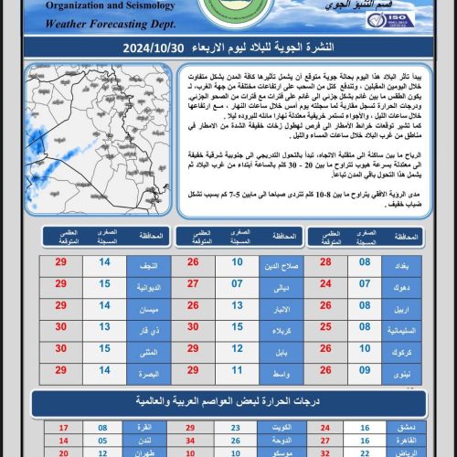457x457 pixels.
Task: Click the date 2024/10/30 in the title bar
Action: click(x=165, y=47)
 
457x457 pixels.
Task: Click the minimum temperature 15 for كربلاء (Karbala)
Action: click(x=237, y=327)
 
